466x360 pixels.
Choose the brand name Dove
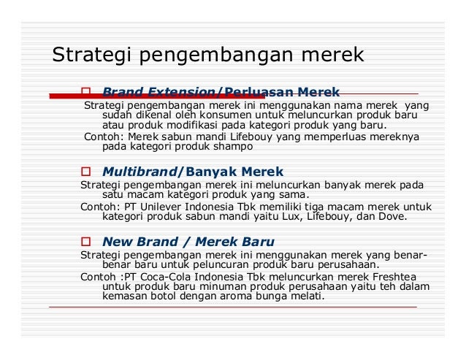pyautogui.click(x=391, y=217)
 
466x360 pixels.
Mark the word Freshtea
pyautogui.click(x=387, y=277)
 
